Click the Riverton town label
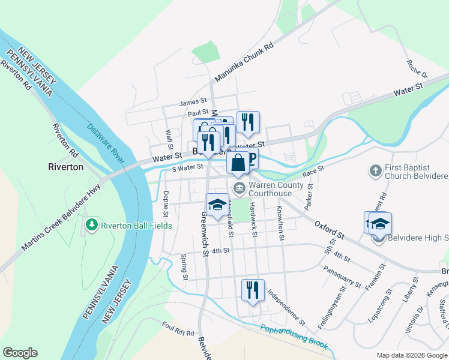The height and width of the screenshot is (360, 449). coord(65,167)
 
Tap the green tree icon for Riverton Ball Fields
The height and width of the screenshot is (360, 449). coord(92,225)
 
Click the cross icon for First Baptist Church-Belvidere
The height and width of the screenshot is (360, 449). coord(375,170)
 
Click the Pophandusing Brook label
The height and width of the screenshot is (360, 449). coord(294,337)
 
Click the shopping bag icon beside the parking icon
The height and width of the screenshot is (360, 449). coord(238,161)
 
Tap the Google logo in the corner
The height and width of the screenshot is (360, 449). coord(20,352)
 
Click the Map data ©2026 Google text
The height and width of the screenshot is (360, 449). coord(411,355)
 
